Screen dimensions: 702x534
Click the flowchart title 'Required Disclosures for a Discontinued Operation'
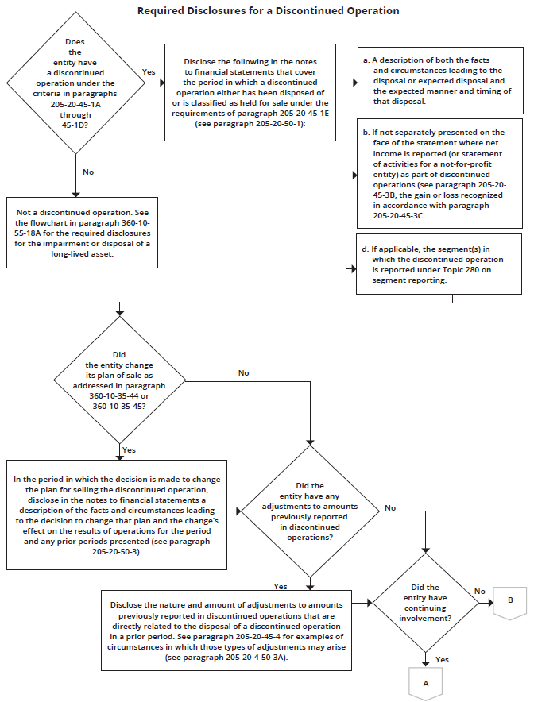tap(268, 11)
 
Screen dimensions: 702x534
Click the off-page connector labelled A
tap(425, 682)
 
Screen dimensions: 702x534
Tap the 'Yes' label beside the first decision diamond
tap(149, 71)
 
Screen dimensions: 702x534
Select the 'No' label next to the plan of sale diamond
tap(244, 372)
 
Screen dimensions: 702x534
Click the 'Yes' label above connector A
tap(443, 659)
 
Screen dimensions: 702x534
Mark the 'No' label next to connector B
tap(479, 591)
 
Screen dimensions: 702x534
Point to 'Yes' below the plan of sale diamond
tap(129, 449)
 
